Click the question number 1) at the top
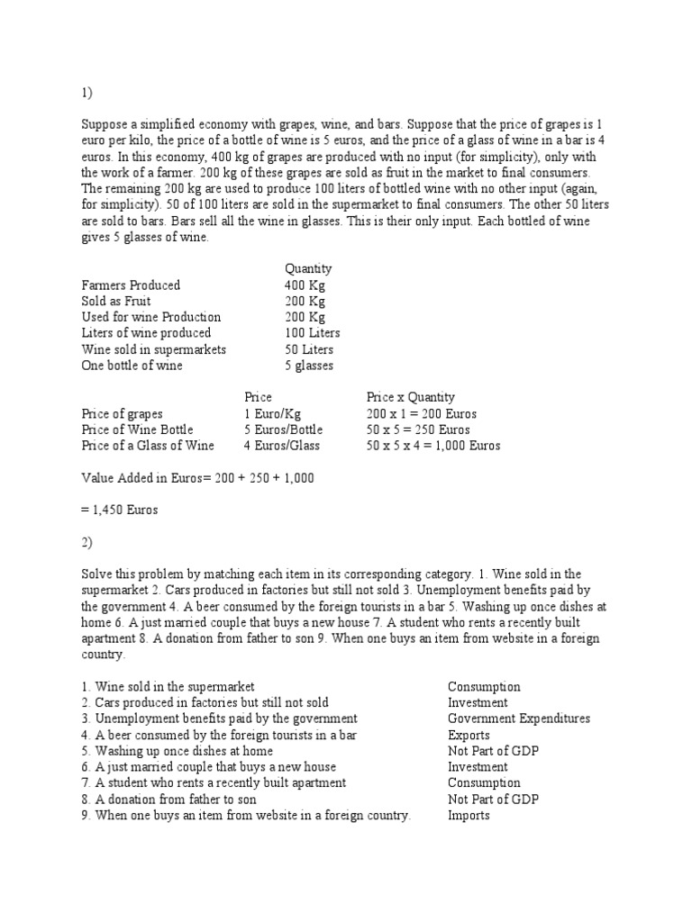(x=86, y=92)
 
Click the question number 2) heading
(x=86, y=543)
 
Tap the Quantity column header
(x=308, y=268)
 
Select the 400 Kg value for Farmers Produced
(x=305, y=285)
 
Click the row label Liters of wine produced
(x=146, y=333)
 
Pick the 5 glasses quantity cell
(x=309, y=366)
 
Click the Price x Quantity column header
(x=410, y=397)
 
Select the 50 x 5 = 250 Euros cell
(x=418, y=429)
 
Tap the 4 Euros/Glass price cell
(x=282, y=446)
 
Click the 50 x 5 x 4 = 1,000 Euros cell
(x=433, y=446)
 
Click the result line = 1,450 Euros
(x=119, y=511)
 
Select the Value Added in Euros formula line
(x=197, y=478)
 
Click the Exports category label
(x=469, y=735)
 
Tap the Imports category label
(x=469, y=816)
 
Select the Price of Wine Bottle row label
(x=137, y=429)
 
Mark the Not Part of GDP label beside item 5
(x=493, y=751)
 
